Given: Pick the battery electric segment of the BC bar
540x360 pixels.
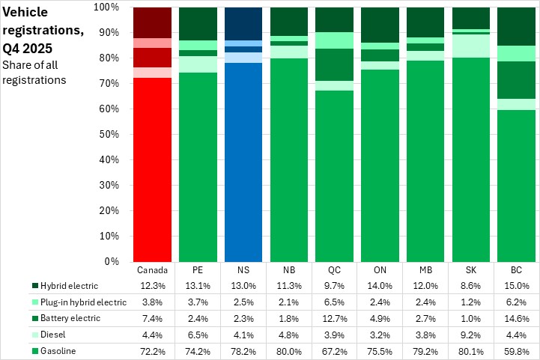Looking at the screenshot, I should pyautogui.click(x=516, y=80).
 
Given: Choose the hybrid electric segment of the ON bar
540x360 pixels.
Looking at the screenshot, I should pyautogui.click(x=380, y=25).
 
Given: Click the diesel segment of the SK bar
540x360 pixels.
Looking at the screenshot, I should pyautogui.click(x=470, y=46).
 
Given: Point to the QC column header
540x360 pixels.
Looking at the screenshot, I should pyautogui.click(x=335, y=269).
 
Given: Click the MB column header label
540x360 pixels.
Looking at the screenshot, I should pyautogui.click(x=425, y=269).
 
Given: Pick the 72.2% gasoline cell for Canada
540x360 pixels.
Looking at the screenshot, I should pyautogui.click(x=153, y=350).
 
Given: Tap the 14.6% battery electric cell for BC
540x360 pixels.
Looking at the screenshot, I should pyautogui.click(x=516, y=318).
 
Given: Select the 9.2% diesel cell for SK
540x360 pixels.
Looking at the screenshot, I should pyautogui.click(x=470, y=334).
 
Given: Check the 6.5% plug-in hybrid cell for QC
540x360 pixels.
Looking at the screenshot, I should pyautogui.click(x=335, y=302).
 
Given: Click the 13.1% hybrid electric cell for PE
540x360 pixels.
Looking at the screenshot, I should pyautogui.click(x=198, y=285).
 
